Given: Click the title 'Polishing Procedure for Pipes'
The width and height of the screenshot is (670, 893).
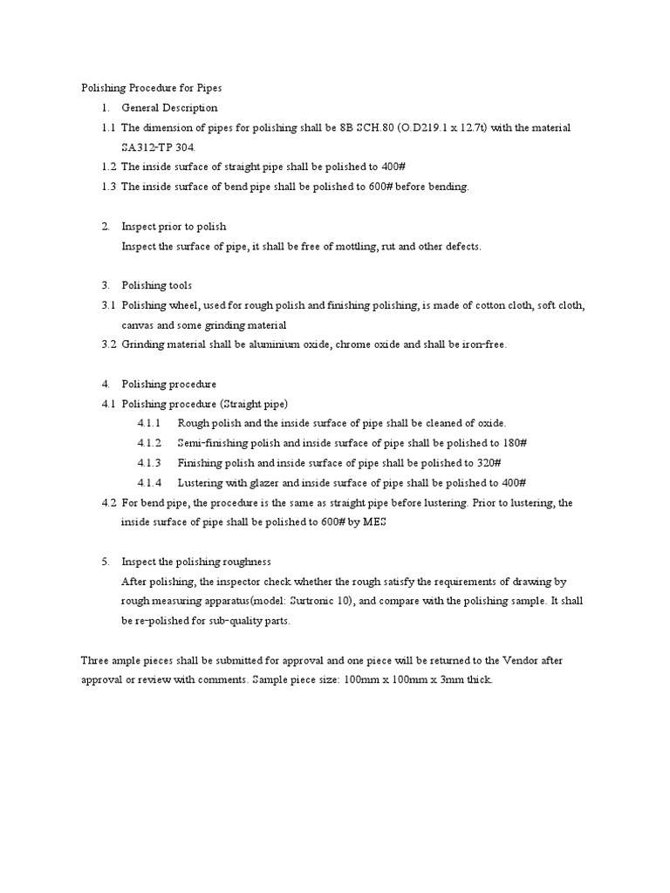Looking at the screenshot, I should coord(152,88).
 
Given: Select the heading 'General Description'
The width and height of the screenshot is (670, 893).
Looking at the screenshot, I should coord(169,108).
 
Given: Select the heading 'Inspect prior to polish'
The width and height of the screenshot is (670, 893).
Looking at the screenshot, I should coord(174,226).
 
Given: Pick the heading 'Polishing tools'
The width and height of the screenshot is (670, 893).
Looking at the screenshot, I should coord(157,285).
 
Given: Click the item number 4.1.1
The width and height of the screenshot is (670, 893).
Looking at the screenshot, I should coord(149,423).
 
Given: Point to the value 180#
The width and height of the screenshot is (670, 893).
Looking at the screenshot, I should coord(514,443).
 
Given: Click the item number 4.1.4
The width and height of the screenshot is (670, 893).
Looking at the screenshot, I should coord(149,482).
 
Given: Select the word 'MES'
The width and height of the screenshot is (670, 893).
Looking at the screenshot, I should coord(373,522).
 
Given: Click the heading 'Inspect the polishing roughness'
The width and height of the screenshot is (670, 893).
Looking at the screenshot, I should coord(196,562).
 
